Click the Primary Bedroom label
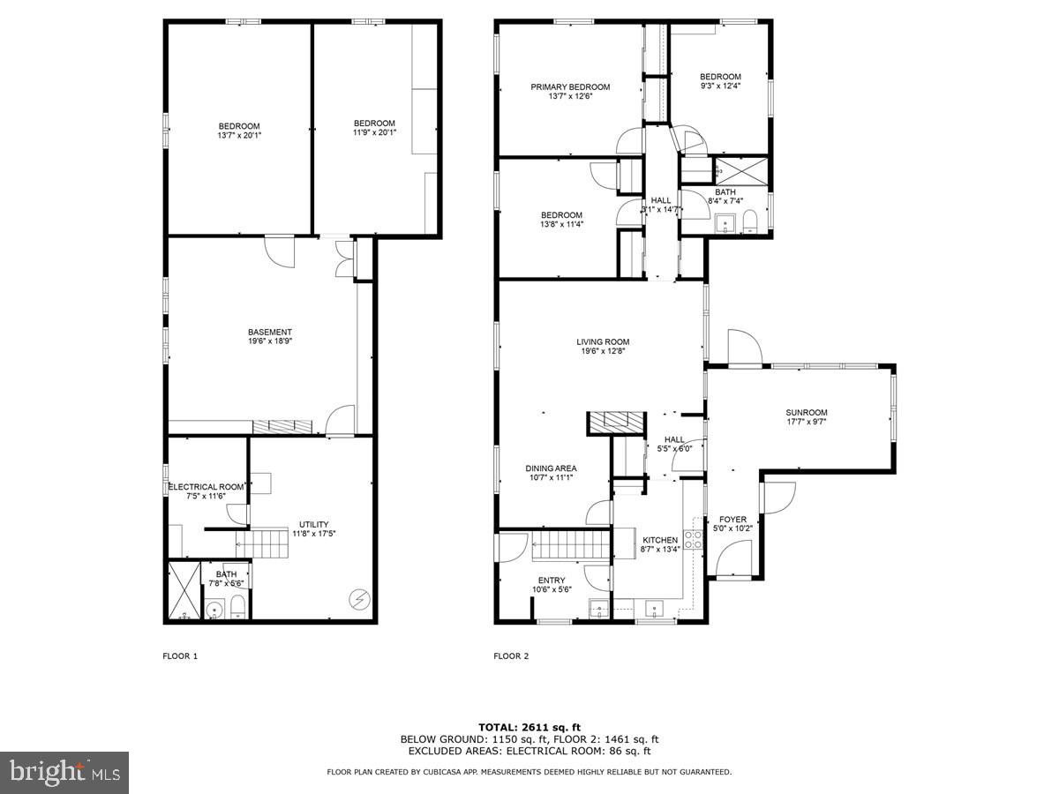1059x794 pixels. pyautogui.click(x=570, y=86)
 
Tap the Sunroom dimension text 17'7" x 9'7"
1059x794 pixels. pyautogui.click(x=807, y=422)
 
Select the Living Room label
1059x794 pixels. pyautogui.click(x=603, y=342)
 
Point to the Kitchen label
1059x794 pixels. pyautogui.click(x=659, y=540)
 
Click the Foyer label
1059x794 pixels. pyautogui.click(x=732, y=520)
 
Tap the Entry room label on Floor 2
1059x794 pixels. pyautogui.click(x=552, y=581)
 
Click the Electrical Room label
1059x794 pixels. pyautogui.click(x=206, y=487)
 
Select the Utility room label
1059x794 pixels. pyautogui.click(x=313, y=524)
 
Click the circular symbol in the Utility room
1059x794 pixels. pyautogui.click(x=358, y=599)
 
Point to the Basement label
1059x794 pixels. pyautogui.click(x=270, y=333)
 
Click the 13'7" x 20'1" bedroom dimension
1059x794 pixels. pyautogui.click(x=239, y=135)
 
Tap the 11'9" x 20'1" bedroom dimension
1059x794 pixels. pyautogui.click(x=374, y=132)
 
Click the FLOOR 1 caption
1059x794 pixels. pyautogui.click(x=181, y=655)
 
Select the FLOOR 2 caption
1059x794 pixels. pyautogui.click(x=511, y=655)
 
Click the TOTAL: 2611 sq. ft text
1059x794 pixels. pyautogui.click(x=529, y=725)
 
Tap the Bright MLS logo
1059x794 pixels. pyautogui.click(x=64, y=773)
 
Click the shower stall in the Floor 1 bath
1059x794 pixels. pyautogui.click(x=184, y=590)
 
